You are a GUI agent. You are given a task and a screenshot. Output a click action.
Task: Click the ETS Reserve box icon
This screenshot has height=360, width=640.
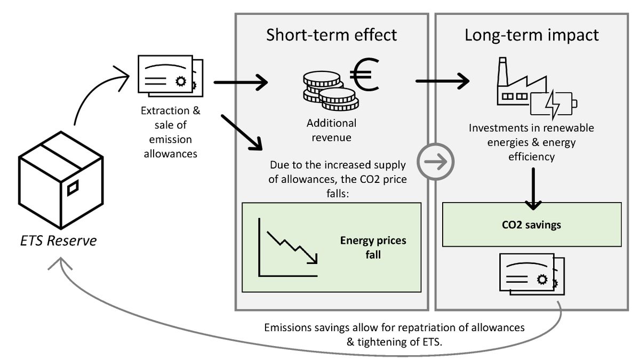click(x=61, y=180)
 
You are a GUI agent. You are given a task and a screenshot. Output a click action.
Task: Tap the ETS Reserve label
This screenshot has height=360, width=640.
click(x=58, y=241)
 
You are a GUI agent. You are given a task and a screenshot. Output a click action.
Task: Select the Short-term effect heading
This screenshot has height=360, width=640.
click(x=331, y=35)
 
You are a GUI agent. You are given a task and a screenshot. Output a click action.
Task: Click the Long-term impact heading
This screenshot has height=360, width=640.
click(x=531, y=36)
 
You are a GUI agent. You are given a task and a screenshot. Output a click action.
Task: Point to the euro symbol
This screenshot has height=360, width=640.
click(x=365, y=74)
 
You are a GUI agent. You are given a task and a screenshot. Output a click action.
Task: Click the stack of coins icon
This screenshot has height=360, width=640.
click(x=331, y=91)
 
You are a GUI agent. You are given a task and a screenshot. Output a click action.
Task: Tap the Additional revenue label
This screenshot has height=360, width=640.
click(x=331, y=130)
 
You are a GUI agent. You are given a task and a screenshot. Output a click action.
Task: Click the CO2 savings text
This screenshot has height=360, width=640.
click(x=531, y=225)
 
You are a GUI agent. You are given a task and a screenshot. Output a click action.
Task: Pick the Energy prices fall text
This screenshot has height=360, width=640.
click(x=373, y=247)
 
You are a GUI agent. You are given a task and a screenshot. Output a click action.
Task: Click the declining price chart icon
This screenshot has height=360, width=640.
click(x=288, y=247)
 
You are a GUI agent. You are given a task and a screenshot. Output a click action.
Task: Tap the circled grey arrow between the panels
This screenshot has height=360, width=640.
click(x=436, y=162)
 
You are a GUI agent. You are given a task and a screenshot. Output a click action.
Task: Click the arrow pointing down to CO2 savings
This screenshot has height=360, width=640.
click(x=533, y=189)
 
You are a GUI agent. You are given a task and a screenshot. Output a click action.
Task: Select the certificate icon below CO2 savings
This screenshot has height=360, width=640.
click(x=532, y=274)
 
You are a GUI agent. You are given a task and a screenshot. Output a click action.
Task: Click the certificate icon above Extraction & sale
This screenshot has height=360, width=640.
click(x=171, y=76)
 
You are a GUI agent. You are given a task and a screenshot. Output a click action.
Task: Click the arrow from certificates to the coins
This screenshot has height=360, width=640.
click(x=241, y=82)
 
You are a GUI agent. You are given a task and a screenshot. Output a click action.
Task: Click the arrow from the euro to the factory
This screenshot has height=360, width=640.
click(x=443, y=81)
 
